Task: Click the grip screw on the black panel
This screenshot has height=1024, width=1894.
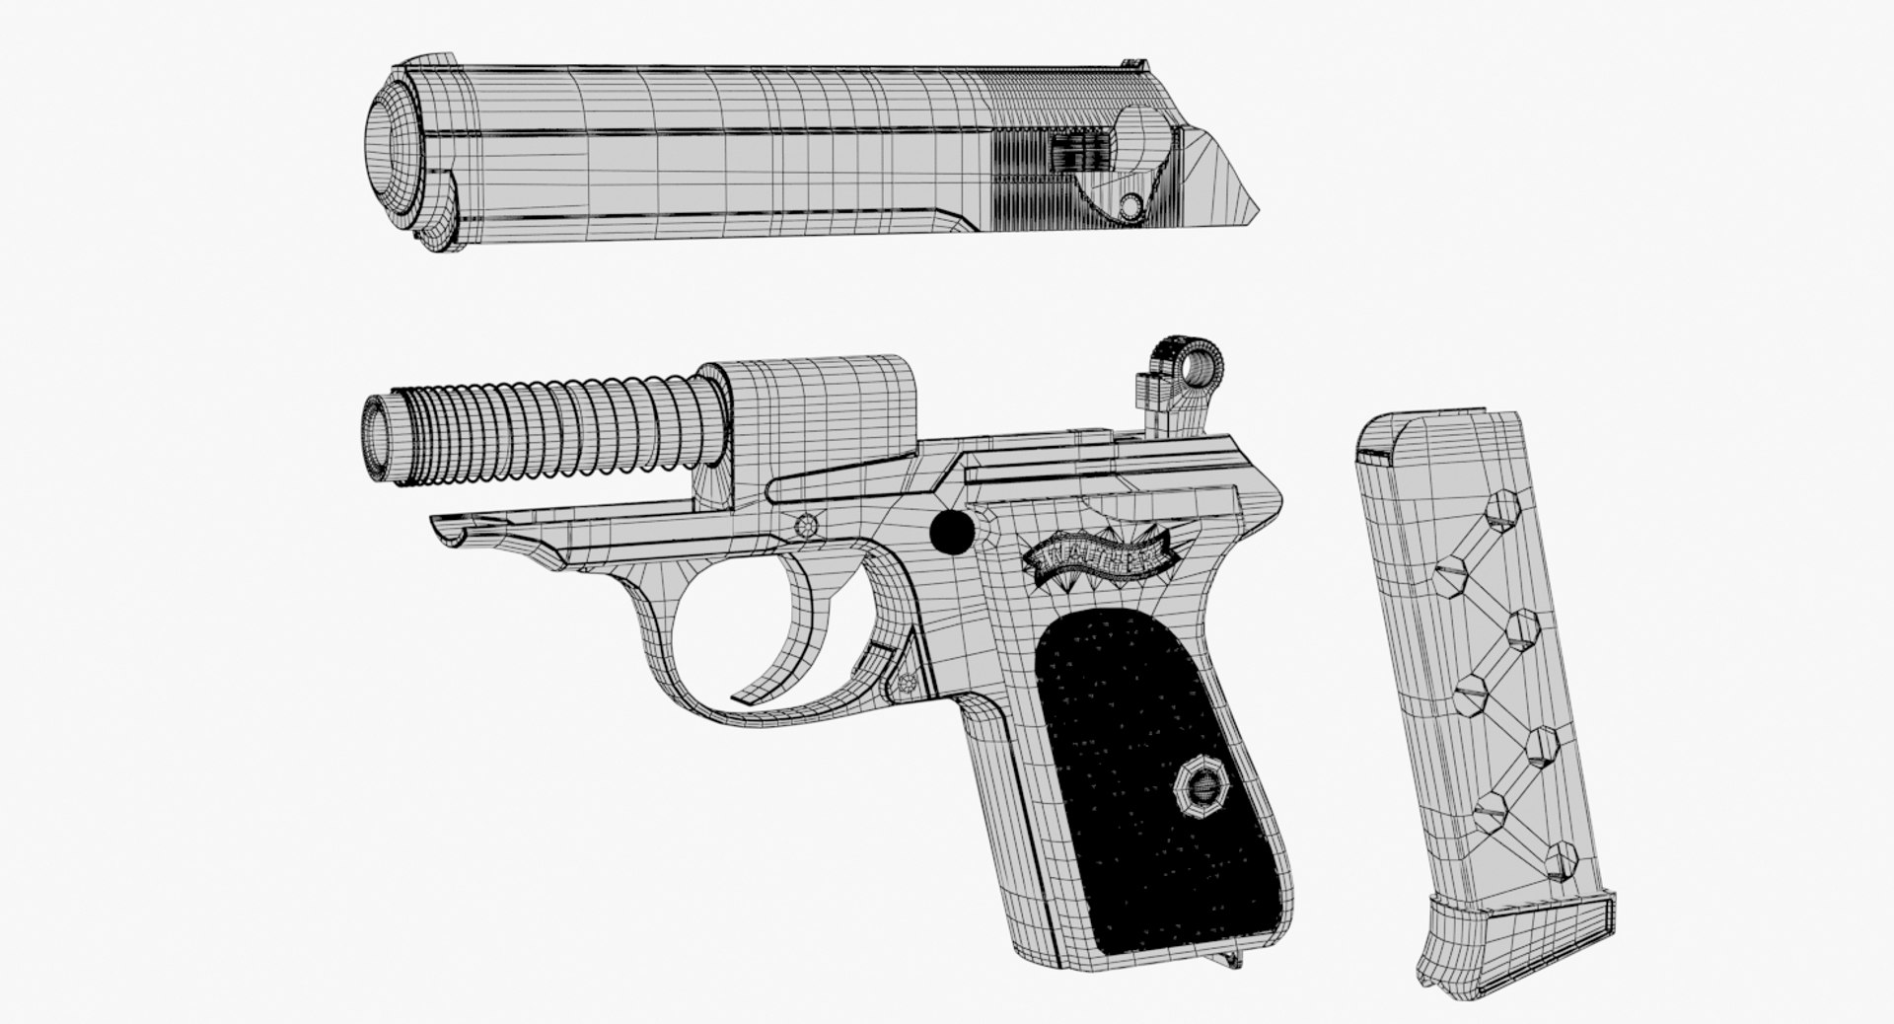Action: pos(1201,789)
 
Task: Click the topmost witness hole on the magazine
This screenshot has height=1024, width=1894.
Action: pos(1502,509)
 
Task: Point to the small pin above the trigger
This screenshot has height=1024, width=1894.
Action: pos(812,526)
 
